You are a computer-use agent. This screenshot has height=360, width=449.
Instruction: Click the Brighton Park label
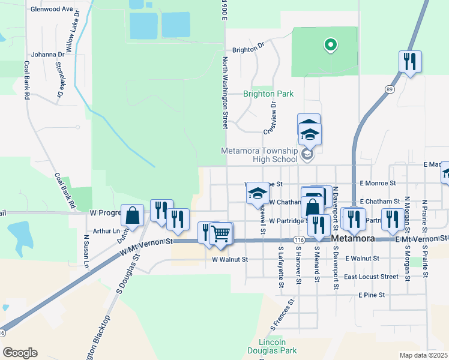tap(268, 94)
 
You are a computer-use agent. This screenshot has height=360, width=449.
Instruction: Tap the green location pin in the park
tap(330, 44)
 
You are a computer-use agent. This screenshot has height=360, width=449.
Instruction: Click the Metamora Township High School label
tap(259, 155)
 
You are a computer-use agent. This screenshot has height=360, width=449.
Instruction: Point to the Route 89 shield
tap(390, 89)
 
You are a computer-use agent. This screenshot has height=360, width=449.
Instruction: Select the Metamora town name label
tap(354, 238)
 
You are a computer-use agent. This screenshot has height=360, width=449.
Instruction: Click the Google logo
tap(20, 353)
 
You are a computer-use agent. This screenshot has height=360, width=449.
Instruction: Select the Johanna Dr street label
tap(47, 53)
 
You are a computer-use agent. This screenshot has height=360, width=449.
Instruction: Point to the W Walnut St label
tap(230, 260)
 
